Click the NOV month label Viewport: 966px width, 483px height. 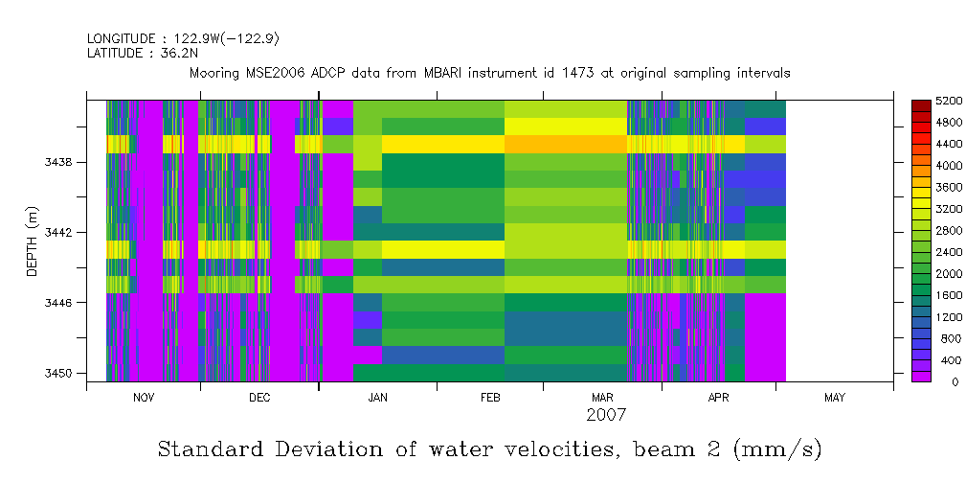click(x=143, y=398)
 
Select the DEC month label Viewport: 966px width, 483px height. click(x=258, y=398)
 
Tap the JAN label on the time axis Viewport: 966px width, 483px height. click(x=377, y=398)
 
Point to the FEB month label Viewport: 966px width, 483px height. click(x=490, y=398)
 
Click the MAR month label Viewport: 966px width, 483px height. click(x=602, y=398)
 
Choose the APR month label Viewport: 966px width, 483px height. click(x=718, y=398)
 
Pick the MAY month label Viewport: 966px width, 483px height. click(x=835, y=398)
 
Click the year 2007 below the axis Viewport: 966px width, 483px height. click(x=606, y=415)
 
